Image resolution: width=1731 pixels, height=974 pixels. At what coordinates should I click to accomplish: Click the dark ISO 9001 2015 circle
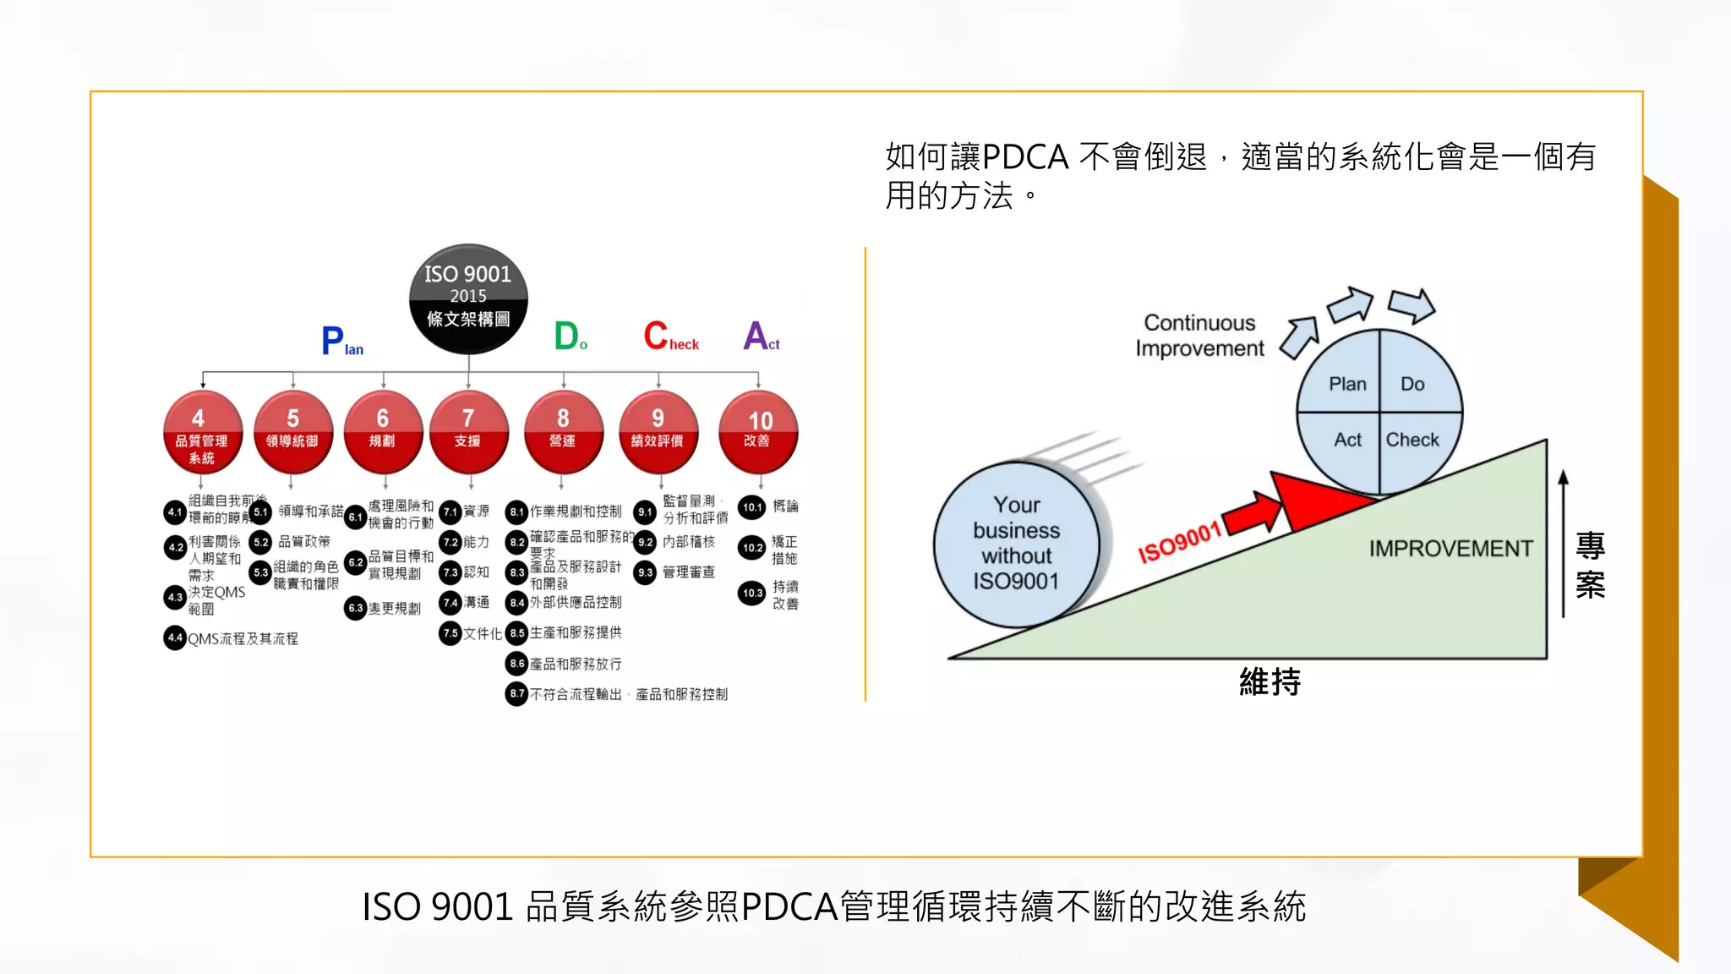coord(468,298)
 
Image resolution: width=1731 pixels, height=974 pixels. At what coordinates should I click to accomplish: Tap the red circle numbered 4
coord(202,431)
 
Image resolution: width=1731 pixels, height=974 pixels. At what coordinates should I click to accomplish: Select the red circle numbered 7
coord(468,431)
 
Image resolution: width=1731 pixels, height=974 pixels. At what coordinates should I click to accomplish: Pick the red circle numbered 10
coord(758,431)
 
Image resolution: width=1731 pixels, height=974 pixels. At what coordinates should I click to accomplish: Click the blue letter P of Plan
coord(332,341)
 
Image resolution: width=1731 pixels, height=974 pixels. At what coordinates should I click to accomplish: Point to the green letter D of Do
coord(565,336)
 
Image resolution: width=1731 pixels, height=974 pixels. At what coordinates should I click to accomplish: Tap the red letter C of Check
coord(656,336)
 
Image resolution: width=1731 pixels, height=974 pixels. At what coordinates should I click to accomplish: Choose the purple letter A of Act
coord(755,336)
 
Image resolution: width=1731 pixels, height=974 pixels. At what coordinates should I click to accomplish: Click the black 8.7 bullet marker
coord(516,693)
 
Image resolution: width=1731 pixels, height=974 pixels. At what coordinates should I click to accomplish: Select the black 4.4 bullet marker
coord(174,637)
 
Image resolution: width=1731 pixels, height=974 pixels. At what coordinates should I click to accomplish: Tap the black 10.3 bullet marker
coord(751,593)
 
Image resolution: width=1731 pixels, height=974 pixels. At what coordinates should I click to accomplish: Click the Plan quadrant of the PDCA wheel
coord(1345,380)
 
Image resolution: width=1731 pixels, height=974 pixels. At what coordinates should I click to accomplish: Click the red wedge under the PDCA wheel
coord(1310,501)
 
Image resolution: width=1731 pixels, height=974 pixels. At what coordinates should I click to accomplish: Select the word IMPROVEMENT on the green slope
coord(1450,549)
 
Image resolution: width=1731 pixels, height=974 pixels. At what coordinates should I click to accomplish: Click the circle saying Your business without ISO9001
coord(1016,544)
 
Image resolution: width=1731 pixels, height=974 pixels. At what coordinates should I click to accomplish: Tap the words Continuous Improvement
coord(1199,336)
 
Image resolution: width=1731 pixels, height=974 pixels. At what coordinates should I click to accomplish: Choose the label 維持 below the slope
coord(1270,681)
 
